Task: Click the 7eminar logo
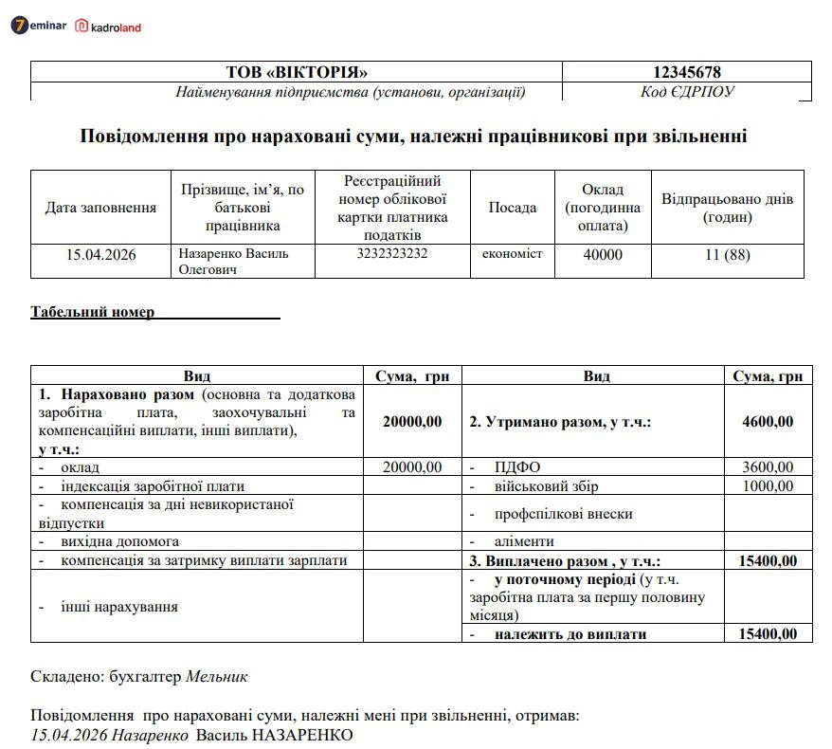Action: [39, 26]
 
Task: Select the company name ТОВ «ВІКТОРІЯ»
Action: [296, 72]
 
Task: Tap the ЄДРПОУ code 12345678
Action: [687, 72]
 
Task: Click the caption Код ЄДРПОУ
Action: [687, 92]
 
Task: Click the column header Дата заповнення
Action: [100, 208]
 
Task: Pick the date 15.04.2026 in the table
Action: [100, 254]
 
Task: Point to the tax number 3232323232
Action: [392, 254]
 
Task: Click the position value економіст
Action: [512, 254]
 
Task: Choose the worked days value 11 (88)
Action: [727, 254]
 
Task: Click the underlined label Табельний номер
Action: [93, 312]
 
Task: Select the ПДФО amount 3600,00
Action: [768, 466]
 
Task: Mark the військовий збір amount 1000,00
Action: [768, 486]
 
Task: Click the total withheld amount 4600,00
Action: [768, 422]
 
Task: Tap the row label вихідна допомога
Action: [119, 541]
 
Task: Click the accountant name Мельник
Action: [217, 677]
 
